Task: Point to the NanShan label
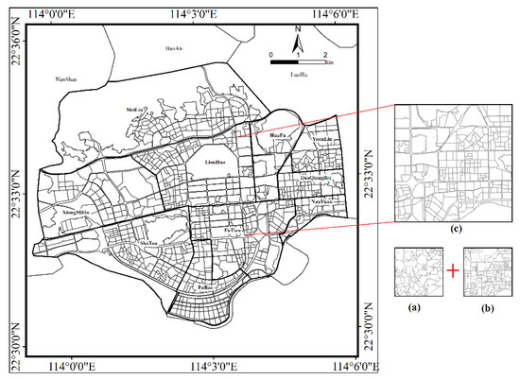point(65,78)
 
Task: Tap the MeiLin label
point(135,109)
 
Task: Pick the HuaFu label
point(278,136)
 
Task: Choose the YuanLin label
point(322,139)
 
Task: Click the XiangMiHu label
point(74,213)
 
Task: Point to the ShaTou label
point(147,243)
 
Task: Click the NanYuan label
point(321,201)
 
